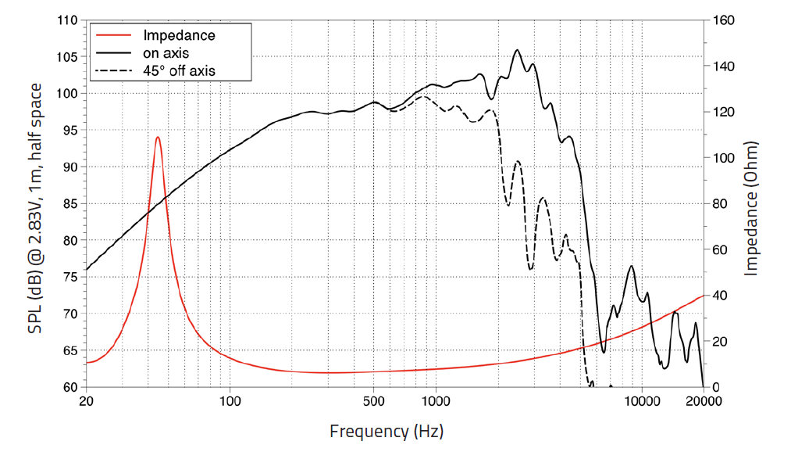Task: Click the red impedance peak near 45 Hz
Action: pos(158,138)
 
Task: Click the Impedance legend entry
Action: pos(178,35)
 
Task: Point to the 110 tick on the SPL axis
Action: pos(66,20)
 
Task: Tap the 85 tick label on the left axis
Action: pos(69,204)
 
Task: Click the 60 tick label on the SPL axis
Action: pos(69,387)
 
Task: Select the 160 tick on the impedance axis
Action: pos(724,20)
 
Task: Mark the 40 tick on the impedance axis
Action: pos(721,296)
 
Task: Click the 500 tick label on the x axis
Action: pos(374,402)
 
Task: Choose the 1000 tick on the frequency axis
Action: pos(436,402)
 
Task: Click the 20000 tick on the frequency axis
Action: pos(704,402)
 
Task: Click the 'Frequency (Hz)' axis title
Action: pos(386,431)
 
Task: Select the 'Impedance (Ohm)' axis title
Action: pos(752,208)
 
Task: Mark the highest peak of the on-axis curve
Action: pos(517,51)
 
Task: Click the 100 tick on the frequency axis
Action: pos(230,402)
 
